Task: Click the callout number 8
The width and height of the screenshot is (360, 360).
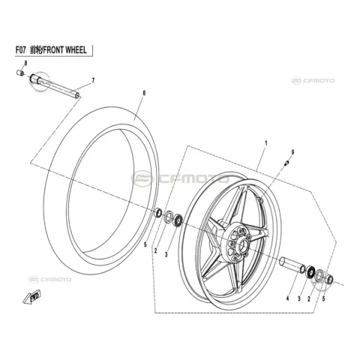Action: [x=25, y=63]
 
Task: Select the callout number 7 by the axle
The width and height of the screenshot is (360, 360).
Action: [x=93, y=80]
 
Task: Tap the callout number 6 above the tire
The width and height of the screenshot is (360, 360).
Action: [x=144, y=93]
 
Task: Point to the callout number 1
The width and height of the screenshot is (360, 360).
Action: [x=266, y=143]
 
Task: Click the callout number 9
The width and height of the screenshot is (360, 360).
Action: [x=292, y=152]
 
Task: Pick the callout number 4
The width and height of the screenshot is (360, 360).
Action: [x=288, y=298]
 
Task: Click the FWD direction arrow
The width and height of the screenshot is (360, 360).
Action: [x=31, y=297]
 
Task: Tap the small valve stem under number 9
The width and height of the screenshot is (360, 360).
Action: [x=286, y=163]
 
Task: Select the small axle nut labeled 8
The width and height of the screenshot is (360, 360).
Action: [x=20, y=73]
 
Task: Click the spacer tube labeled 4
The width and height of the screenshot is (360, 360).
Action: [x=292, y=265]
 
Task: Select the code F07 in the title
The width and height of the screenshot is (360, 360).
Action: [x=20, y=50]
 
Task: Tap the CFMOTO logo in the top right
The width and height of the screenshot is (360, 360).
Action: [x=313, y=81]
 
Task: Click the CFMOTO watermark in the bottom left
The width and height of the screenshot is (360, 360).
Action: [x=50, y=279]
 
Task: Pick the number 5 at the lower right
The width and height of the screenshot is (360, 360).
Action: [x=323, y=298]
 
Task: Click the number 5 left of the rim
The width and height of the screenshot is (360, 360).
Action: [x=145, y=244]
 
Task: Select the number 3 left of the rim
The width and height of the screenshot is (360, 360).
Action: [x=166, y=255]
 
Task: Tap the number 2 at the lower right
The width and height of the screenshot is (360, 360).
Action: [x=309, y=298]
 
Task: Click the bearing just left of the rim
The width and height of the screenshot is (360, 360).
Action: [x=178, y=220]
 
